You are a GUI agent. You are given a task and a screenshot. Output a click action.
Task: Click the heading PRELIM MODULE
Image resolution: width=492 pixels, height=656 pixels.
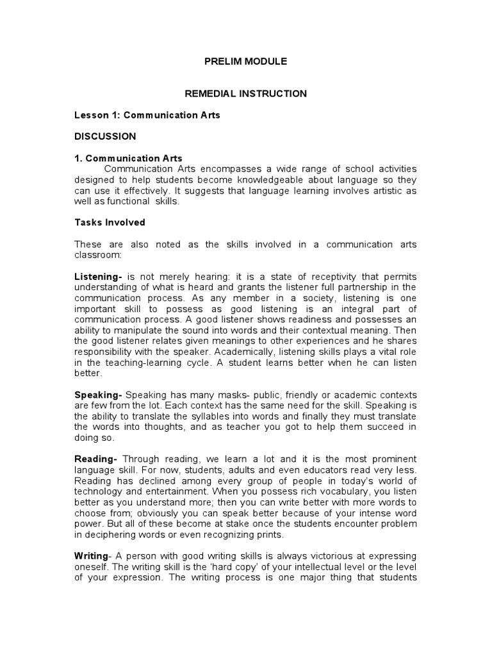point(245,61)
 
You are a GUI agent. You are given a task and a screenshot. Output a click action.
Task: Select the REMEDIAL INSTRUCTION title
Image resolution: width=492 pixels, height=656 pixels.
point(245,94)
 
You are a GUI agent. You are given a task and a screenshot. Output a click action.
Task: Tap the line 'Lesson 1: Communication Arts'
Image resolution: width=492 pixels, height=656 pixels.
point(147,115)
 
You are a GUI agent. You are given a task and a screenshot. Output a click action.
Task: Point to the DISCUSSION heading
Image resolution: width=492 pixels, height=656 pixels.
point(105,136)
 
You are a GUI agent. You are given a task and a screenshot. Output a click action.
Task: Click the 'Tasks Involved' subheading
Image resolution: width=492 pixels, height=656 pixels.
point(110,222)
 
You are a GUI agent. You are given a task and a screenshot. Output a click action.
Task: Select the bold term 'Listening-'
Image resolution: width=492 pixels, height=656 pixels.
point(98,276)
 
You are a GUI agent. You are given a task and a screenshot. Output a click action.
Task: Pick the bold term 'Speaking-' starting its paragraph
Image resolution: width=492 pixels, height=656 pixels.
point(98,394)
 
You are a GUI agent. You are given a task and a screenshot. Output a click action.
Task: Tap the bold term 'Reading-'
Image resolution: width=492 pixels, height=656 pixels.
point(96,459)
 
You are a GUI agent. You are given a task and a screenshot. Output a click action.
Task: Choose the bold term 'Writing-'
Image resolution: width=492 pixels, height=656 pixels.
point(94,555)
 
